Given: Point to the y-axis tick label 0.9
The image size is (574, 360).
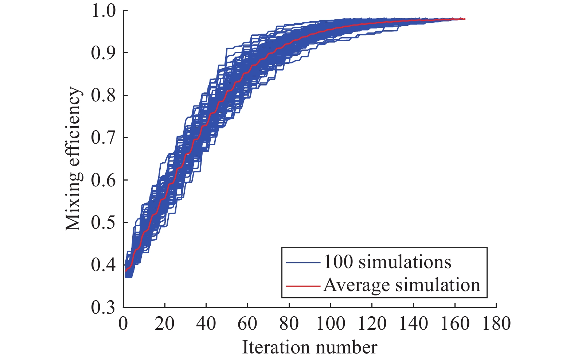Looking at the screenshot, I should coord(104,53).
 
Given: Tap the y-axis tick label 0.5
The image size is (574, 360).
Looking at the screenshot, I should coord(104,222).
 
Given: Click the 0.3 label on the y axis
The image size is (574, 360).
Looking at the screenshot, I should coord(104,307).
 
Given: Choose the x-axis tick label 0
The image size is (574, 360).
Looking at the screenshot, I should coord(124,324).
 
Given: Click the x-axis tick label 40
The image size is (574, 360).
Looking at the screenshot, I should coord(206,324).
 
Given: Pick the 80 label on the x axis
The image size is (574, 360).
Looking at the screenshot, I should coord(289,324).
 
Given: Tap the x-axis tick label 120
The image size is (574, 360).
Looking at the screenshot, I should coord(371,324).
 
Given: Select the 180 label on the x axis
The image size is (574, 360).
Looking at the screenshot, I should coord(496,324).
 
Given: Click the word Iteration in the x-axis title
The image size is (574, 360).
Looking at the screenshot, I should coord(269,347).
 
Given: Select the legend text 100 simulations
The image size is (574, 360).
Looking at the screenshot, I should coord(387,262).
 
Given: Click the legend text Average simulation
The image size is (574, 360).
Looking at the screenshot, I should coord(402,285).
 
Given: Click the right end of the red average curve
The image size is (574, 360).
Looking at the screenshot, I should coord(465,19).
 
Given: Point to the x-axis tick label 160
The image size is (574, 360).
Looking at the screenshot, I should coord(454,324).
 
